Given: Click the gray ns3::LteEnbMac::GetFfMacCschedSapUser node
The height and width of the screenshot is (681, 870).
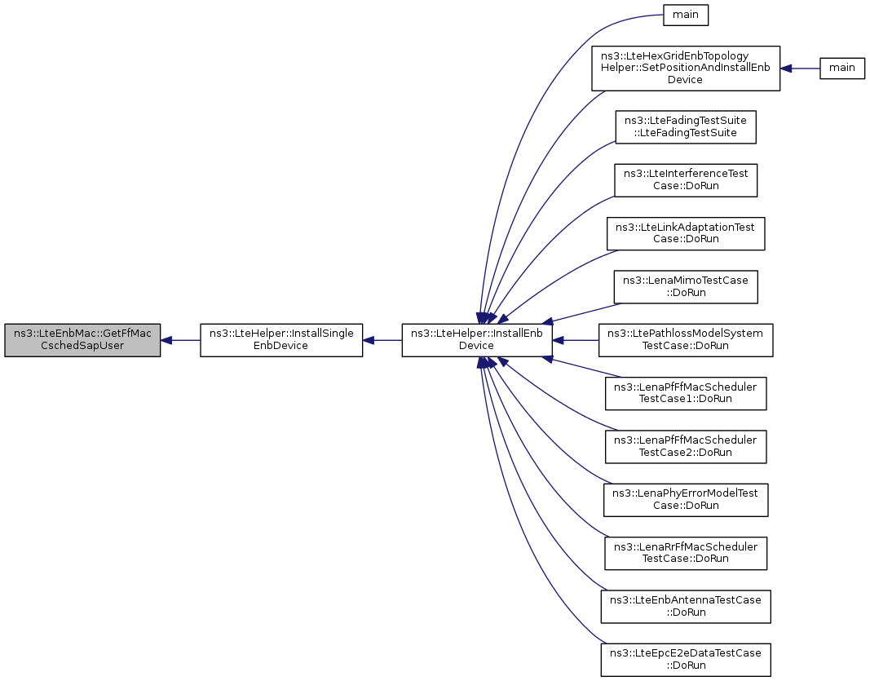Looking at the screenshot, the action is [x=82, y=339].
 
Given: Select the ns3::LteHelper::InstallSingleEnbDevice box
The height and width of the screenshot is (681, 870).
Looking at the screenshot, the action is [x=281, y=339].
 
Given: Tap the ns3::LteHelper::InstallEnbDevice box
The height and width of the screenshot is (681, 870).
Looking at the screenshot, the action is [x=477, y=339].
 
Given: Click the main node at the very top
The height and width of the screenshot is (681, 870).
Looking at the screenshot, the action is [x=686, y=15].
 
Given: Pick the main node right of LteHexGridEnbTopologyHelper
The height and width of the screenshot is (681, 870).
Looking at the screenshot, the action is [x=841, y=68].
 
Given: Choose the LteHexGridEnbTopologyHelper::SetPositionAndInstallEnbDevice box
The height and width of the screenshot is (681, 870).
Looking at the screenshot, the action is [x=685, y=69].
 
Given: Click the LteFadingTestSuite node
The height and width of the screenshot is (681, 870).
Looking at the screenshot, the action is [x=686, y=126].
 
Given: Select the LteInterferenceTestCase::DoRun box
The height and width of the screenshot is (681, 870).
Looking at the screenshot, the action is [x=686, y=179].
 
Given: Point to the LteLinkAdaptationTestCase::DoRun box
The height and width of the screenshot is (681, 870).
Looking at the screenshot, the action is [x=686, y=233].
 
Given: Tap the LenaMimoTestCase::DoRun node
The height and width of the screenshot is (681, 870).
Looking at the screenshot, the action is [x=686, y=286].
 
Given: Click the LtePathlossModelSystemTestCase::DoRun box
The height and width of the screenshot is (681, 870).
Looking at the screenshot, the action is [x=686, y=339].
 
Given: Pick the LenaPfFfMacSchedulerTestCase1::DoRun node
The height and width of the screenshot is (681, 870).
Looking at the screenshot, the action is [x=686, y=393].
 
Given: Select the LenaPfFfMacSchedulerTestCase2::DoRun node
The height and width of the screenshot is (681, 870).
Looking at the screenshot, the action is [x=686, y=446].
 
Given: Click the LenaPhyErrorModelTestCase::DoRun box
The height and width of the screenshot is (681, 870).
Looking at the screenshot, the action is [x=686, y=499].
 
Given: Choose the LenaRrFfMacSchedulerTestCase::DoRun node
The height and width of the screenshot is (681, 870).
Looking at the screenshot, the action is [x=686, y=553].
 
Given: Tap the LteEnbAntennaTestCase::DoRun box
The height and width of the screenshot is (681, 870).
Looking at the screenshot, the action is [x=686, y=606].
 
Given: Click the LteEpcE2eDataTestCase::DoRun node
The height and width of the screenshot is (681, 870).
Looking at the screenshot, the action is [x=686, y=659].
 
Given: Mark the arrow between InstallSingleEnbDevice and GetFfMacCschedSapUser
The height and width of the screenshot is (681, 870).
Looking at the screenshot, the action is [x=180, y=339].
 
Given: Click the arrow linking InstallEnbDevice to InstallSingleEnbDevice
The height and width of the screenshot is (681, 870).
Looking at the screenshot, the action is [x=382, y=339].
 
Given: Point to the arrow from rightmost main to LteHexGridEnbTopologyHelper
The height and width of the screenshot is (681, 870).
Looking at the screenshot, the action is [x=800, y=69].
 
